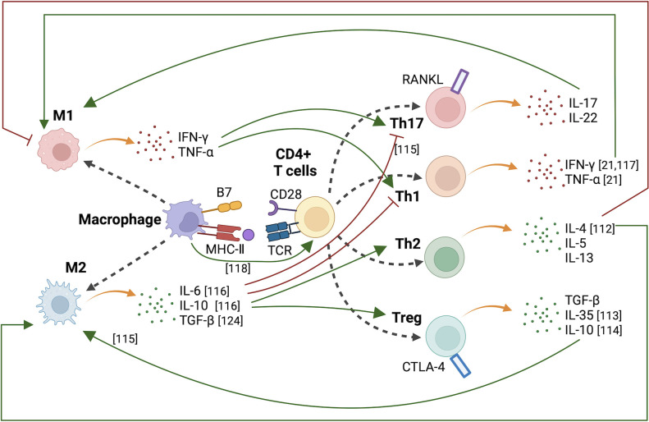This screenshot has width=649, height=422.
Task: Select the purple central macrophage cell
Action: pos(184,218)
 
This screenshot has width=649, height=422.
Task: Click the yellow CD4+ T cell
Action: pos(314,217)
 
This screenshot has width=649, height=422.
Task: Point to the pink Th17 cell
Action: pos(446,108)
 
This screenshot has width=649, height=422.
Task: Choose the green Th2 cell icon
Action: pos(445,257)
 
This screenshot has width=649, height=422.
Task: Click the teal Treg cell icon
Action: pos(446,337)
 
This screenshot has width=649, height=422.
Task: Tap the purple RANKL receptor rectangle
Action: pos(459,81)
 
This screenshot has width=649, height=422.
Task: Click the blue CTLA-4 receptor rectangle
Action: pos(460,365)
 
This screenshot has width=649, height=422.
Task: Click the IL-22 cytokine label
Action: pos(583,118)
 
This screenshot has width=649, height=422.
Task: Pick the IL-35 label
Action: pos(579,315)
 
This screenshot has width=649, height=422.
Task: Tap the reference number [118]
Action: pos(238,268)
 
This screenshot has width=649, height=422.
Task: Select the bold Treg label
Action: pos(407,318)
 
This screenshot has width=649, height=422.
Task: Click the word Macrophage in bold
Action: pos(120,219)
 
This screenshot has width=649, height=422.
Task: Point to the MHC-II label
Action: pos(225,250)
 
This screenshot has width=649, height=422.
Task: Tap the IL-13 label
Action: pos(579,258)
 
